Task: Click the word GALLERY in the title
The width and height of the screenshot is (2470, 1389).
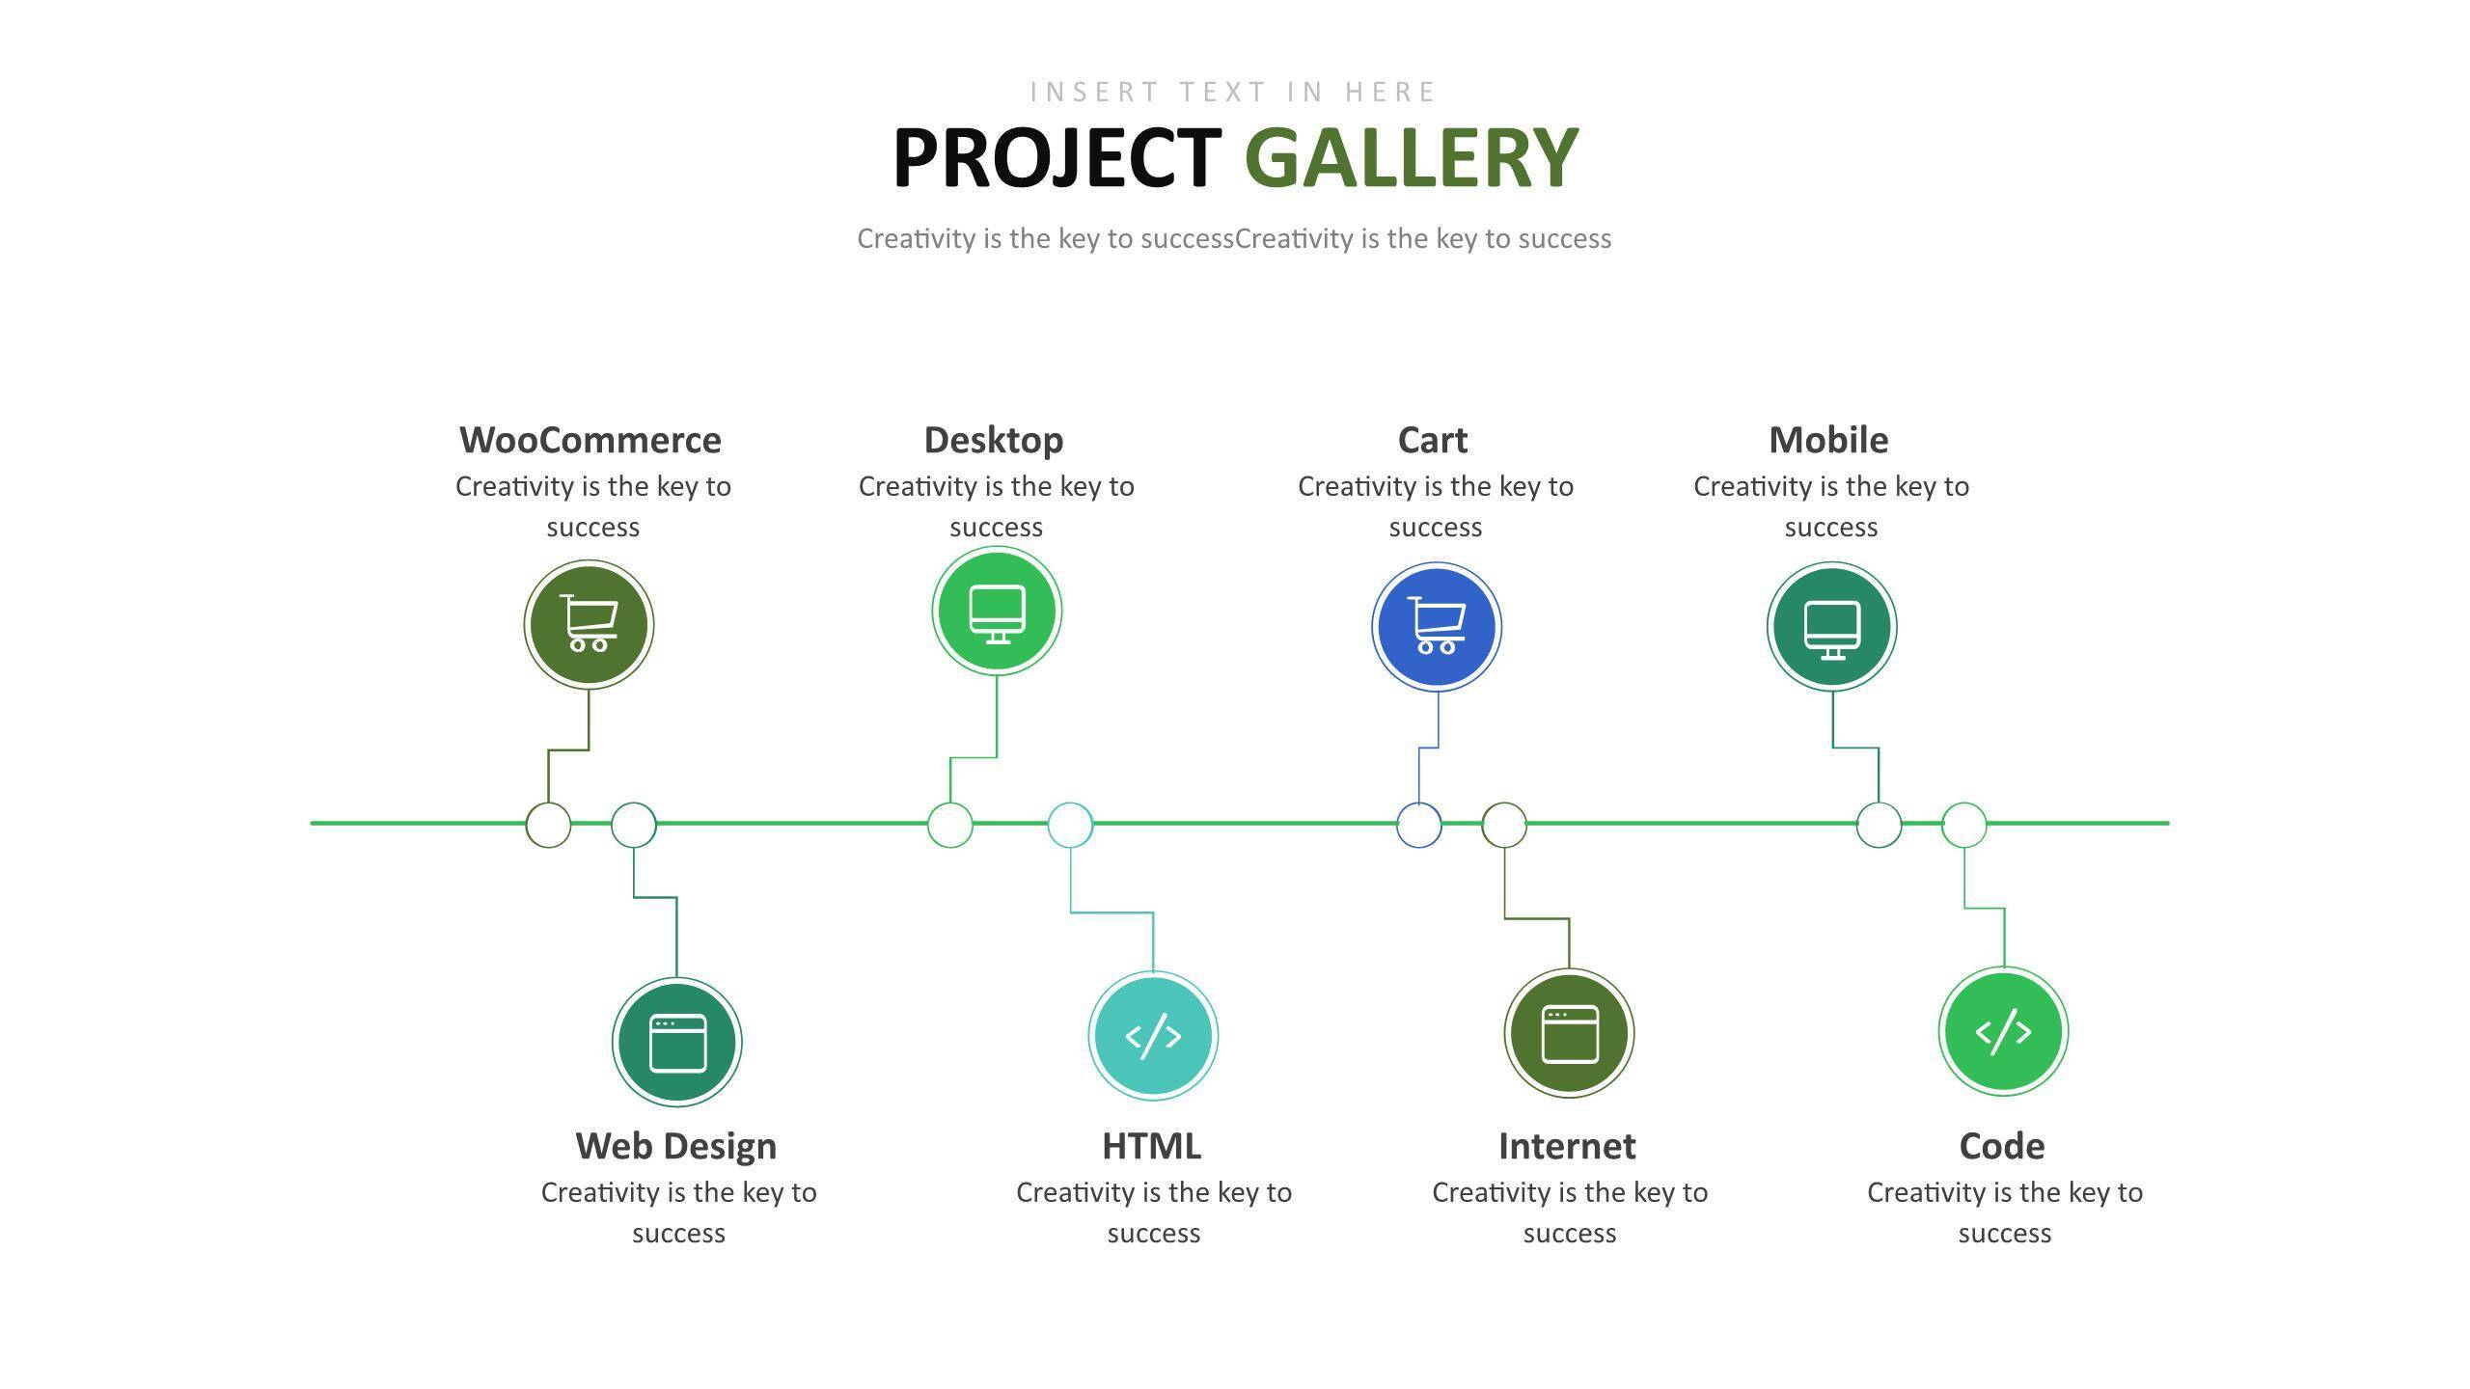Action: coord(1412,157)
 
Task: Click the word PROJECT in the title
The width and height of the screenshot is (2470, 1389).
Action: coord(1057,157)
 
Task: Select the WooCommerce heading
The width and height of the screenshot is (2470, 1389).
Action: coord(590,440)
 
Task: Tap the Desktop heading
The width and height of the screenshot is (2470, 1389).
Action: coord(994,441)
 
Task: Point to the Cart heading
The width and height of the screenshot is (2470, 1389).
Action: coord(1433,440)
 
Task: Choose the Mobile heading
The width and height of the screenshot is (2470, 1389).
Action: coord(1828,440)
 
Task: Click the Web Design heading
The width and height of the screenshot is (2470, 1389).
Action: coord(676,1147)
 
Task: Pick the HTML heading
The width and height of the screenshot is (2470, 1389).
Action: coord(1152,1146)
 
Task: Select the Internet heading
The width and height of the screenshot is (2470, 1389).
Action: coord(1567,1146)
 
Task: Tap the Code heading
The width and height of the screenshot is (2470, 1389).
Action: coord(2002,1146)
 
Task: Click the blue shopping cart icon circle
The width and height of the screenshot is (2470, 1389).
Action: coord(1437,627)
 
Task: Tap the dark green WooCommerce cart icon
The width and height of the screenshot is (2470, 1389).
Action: coord(589,624)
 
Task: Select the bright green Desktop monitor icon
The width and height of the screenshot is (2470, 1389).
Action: coord(997,611)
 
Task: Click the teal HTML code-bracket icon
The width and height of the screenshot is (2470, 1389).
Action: coord(1153,1036)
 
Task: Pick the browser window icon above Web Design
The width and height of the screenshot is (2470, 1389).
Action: coord(677,1043)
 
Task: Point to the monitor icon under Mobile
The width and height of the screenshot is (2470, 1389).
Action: coord(1832,627)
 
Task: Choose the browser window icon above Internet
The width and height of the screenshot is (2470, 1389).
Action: coord(1569,1033)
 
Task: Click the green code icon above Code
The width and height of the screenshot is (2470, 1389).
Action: coord(2003,1031)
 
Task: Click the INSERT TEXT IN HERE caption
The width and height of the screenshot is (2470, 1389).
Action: coord(1233,92)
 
